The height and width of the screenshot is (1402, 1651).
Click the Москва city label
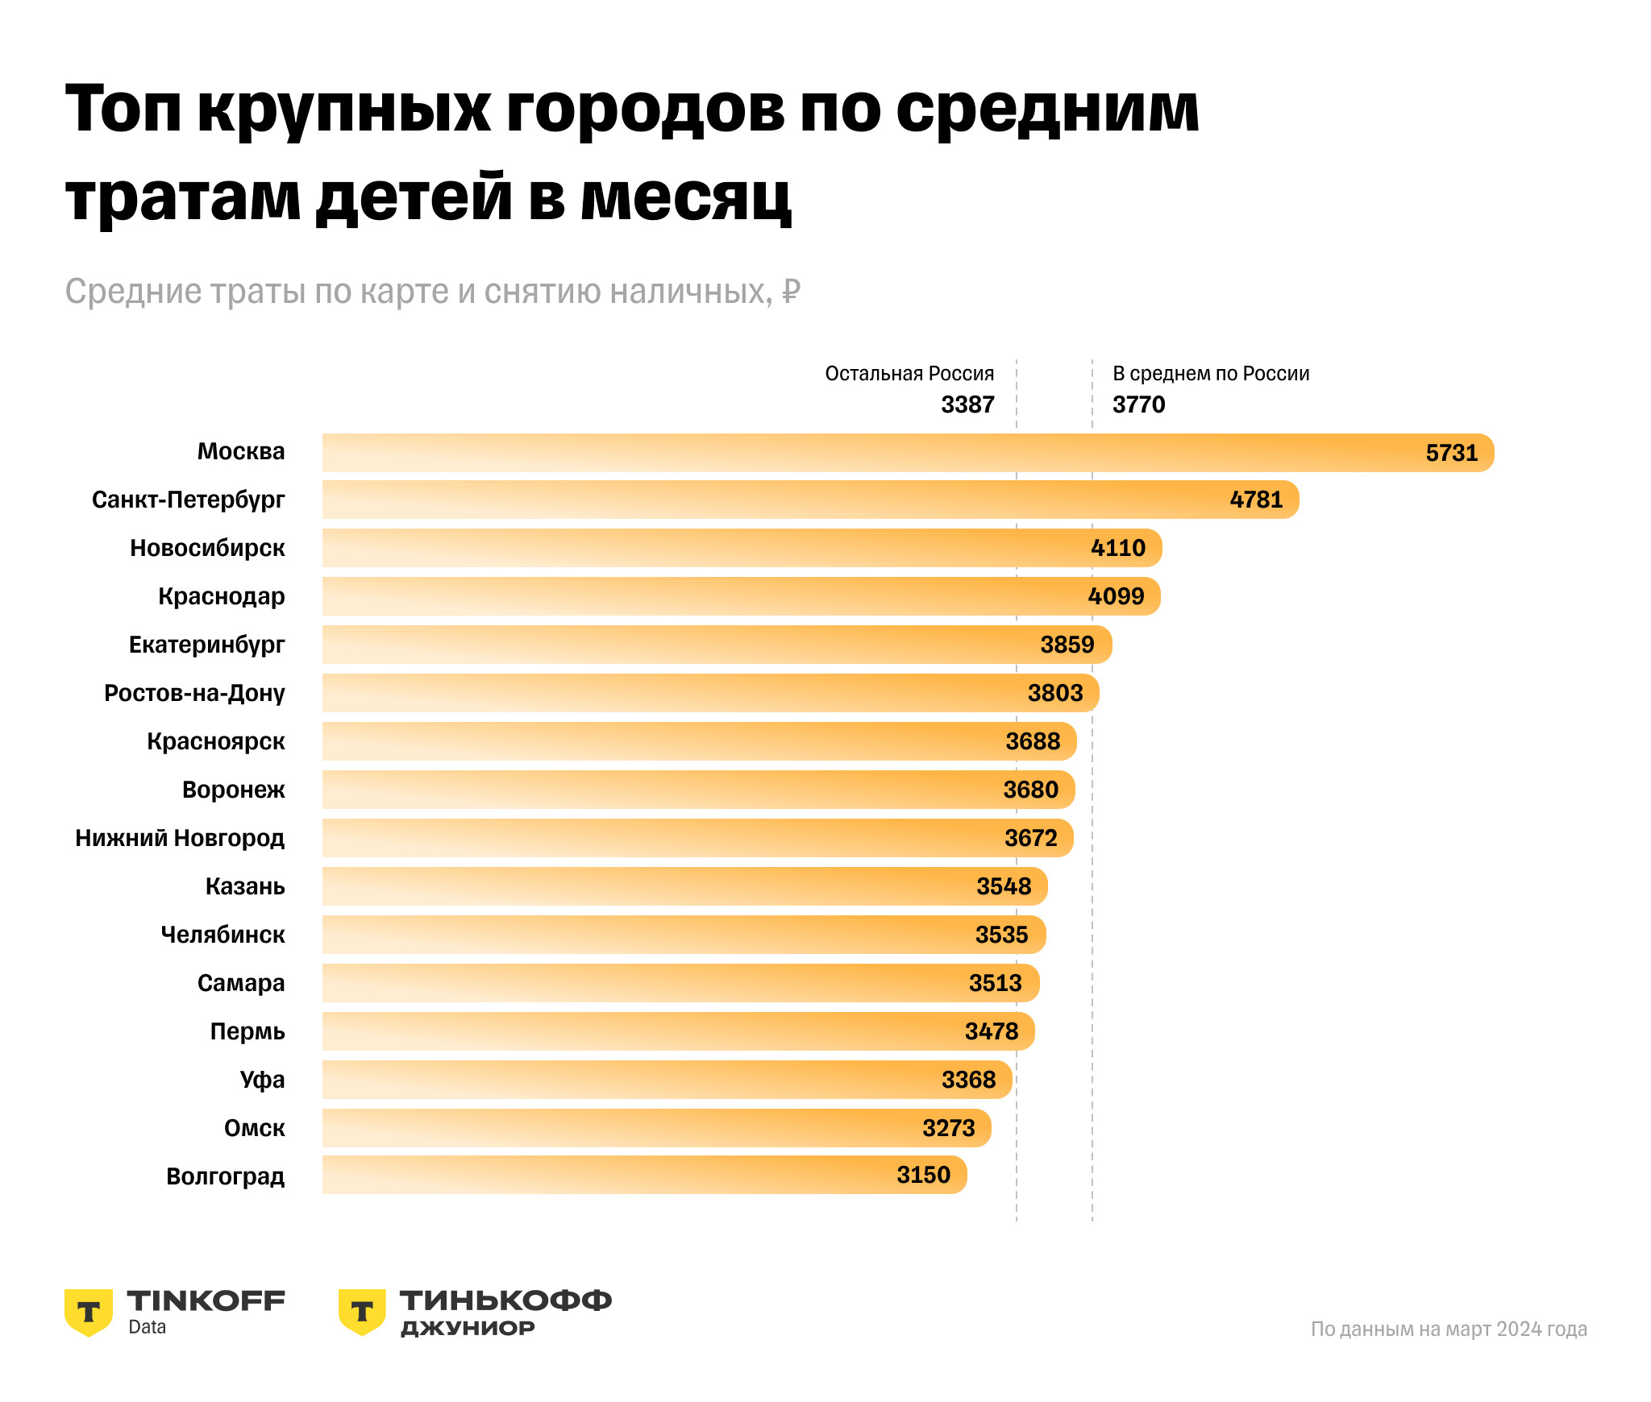pyautogui.click(x=241, y=451)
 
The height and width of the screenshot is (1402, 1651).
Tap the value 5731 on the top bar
pyautogui.click(x=1451, y=453)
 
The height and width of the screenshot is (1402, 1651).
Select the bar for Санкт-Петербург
pyautogui.click(x=806, y=500)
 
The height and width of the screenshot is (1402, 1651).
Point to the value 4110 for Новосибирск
pyautogui.click(x=1117, y=548)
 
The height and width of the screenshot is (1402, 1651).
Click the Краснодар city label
pyautogui.click(x=222, y=596)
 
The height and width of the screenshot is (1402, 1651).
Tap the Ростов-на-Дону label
pyautogui.click(x=194, y=693)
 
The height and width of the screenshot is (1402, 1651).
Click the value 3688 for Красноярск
pyautogui.click(x=1033, y=741)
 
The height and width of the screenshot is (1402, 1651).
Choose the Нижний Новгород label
pyautogui.click(x=180, y=838)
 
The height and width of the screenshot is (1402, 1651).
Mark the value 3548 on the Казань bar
pyautogui.click(x=1004, y=886)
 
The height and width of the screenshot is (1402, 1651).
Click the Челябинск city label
pyautogui.click(x=223, y=935)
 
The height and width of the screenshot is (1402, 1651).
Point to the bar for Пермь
pyautogui.click(x=677, y=1031)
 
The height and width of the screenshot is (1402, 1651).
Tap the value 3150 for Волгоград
pyautogui.click(x=923, y=1175)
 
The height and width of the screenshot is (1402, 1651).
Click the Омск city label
pyautogui.click(x=255, y=1128)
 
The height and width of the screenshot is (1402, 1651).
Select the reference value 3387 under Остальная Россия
pyautogui.click(x=967, y=404)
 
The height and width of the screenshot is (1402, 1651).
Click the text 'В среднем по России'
pyautogui.click(x=1211, y=374)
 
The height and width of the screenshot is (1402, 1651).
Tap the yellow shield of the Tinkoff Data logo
pyautogui.click(x=89, y=1312)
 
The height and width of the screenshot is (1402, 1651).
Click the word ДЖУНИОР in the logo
pyautogui.click(x=468, y=1328)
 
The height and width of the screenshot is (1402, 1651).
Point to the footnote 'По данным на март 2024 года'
pyautogui.click(x=1448, y=1329)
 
